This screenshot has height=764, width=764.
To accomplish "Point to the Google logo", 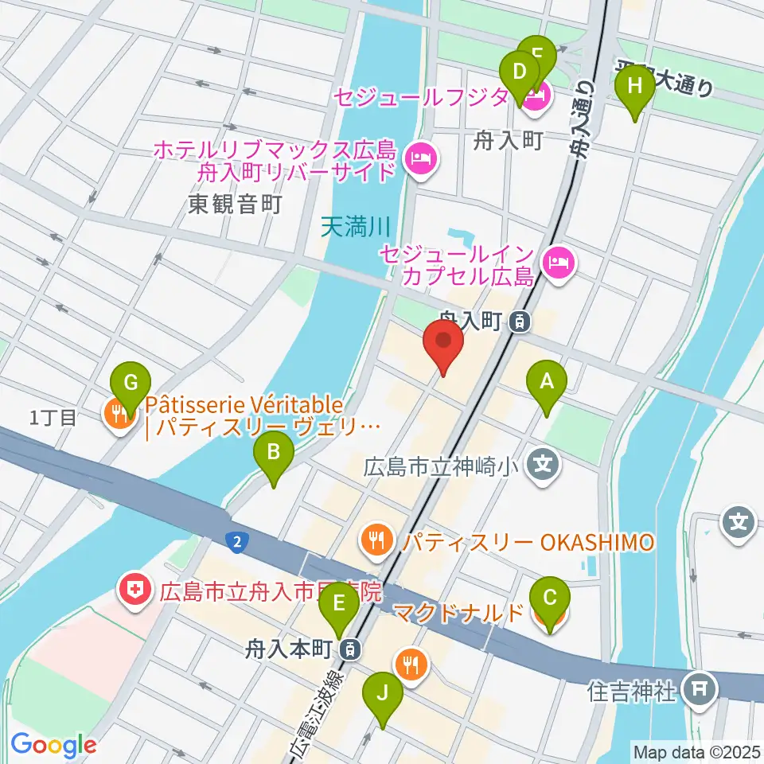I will (x=53, y=745).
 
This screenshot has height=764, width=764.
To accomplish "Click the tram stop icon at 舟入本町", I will (x=349, y=649).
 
